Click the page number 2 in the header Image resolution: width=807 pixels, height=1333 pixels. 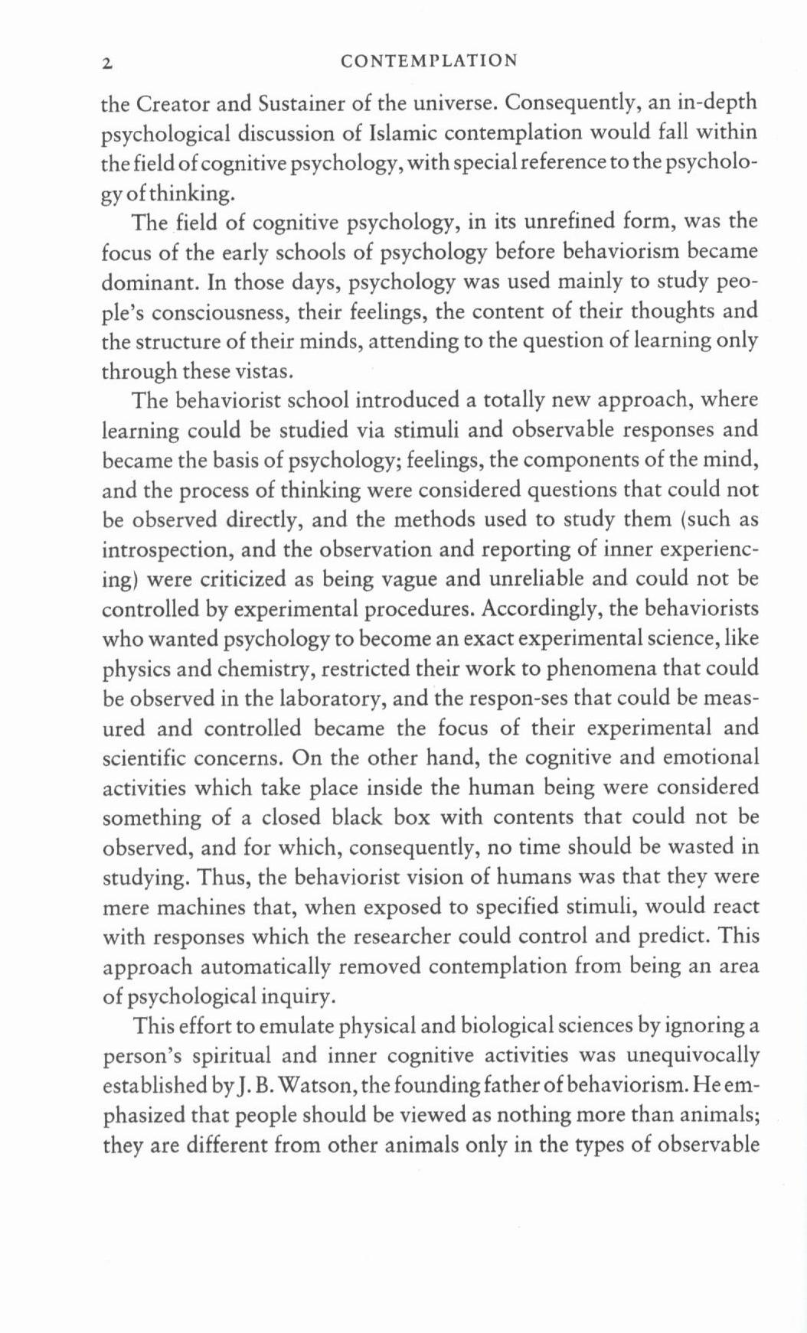pos(108,63)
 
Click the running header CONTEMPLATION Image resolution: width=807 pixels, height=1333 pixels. pos(429,60)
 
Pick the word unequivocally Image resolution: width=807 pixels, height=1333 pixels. pos(693,1057)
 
